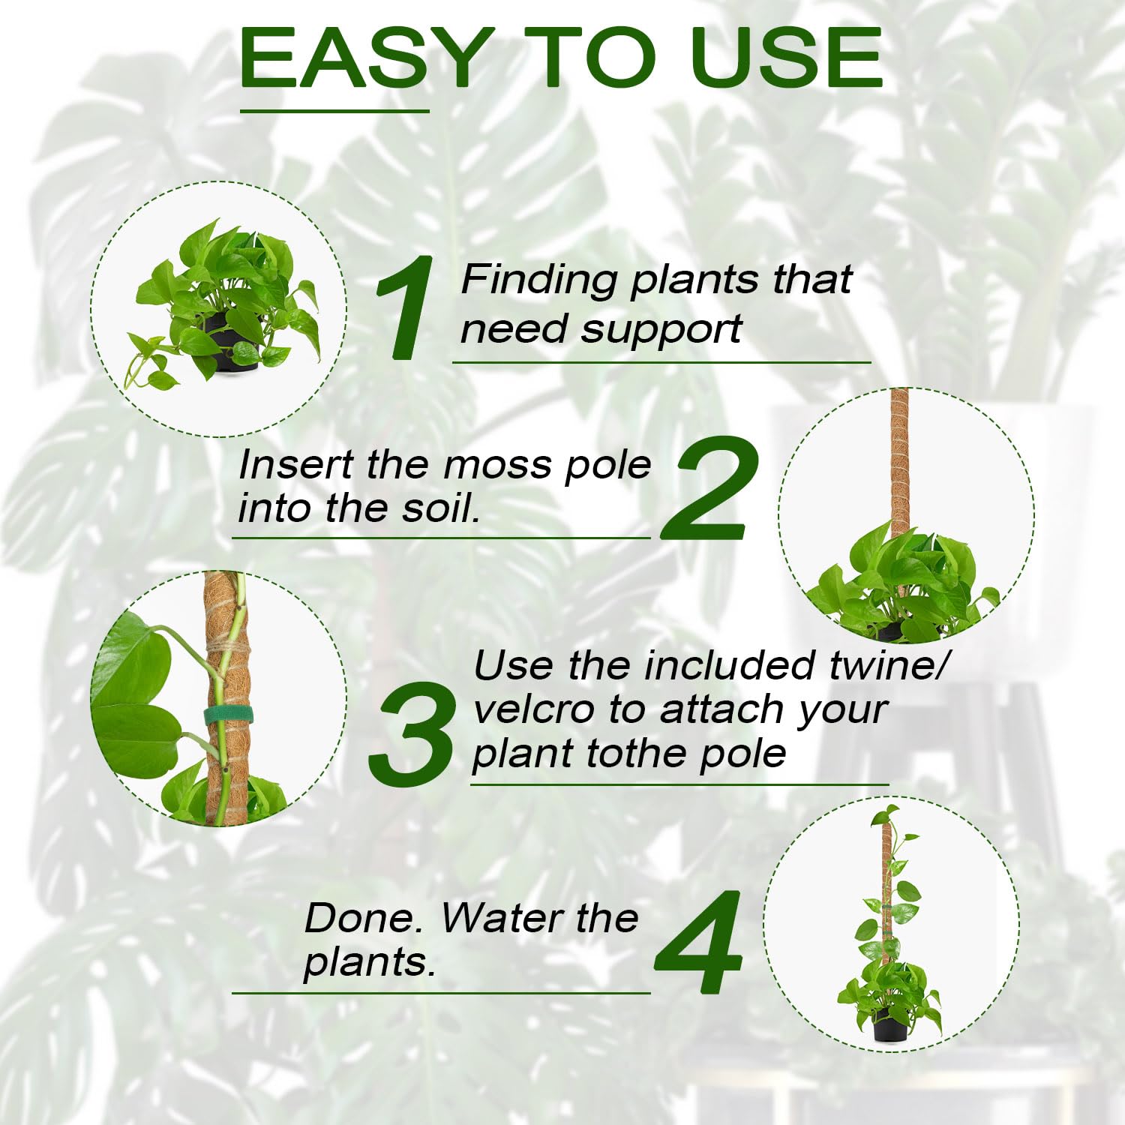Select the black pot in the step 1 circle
tap(227, 342)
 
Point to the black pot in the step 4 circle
tap(890, 1024)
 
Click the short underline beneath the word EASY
tap(334, 111)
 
